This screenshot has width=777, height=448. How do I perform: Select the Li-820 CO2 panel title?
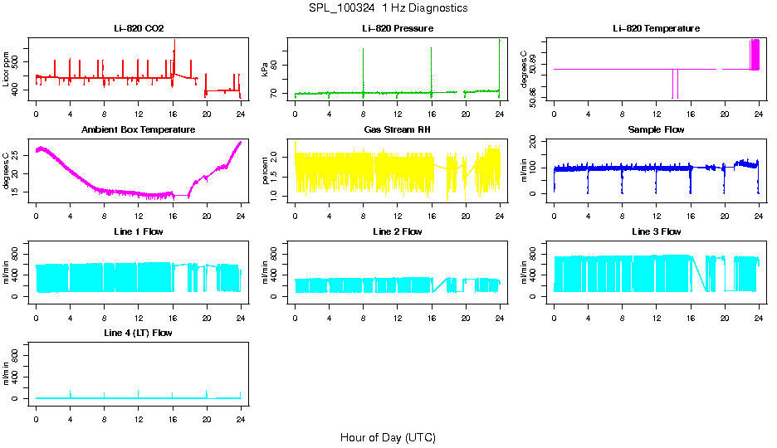[x=139, y=29]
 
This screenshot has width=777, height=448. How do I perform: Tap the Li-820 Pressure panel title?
[x=397, y=29]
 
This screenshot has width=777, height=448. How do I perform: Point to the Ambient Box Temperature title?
[x=139, y=130]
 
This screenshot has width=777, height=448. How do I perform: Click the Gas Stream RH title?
[x=397, y=130]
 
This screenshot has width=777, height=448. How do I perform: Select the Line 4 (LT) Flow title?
[x=139, y=333]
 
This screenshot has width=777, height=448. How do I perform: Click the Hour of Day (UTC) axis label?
[x=388, y=437]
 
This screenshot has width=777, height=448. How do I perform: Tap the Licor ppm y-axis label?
[x=7, y=70]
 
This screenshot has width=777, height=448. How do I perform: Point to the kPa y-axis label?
[x=266, y=70]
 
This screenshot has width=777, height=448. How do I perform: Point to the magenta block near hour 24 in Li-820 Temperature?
[x=755, y=55]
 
